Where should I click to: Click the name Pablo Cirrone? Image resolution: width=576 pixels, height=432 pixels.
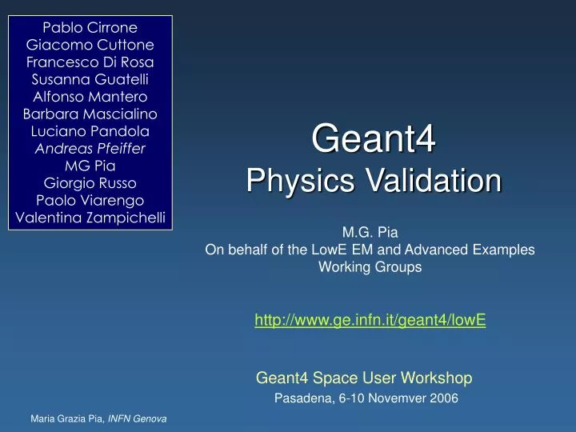[90, 26]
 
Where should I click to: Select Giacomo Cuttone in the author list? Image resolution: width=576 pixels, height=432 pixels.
[90, 44]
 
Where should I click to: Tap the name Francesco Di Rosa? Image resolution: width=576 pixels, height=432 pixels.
[90, 62]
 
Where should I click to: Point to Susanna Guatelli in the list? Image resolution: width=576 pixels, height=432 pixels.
[90, 79]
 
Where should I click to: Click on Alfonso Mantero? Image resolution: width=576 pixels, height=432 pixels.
[90, 96]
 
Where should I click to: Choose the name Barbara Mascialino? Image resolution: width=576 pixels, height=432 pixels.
[90, 114]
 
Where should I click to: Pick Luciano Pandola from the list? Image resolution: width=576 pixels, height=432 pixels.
[90, 130]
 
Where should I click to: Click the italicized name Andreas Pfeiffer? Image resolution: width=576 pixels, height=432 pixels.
[90, 148]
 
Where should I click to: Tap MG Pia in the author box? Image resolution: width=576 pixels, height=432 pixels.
[90, 166]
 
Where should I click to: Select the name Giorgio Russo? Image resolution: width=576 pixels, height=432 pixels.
[90, 182]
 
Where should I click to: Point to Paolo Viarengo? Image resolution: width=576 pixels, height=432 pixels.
[90, 200]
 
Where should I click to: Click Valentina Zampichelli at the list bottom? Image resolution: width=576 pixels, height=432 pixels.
[90, 218]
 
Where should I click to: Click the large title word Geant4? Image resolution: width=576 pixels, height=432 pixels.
[373, 140]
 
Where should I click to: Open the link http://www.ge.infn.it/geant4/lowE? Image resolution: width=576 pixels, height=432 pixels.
[370, 320]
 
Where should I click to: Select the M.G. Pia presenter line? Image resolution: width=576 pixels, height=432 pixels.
[370, 233]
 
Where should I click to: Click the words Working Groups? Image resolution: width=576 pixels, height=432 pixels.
[370, 267]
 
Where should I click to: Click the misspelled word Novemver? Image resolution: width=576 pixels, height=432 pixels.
[386, 398]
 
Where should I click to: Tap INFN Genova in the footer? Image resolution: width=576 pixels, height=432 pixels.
[137, 419]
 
